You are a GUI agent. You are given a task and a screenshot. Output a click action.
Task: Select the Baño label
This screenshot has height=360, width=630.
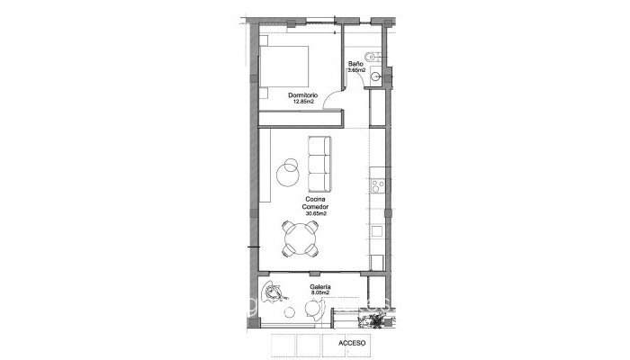(355, 63)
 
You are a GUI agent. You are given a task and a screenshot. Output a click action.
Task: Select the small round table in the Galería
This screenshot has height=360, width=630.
(312, 310)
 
